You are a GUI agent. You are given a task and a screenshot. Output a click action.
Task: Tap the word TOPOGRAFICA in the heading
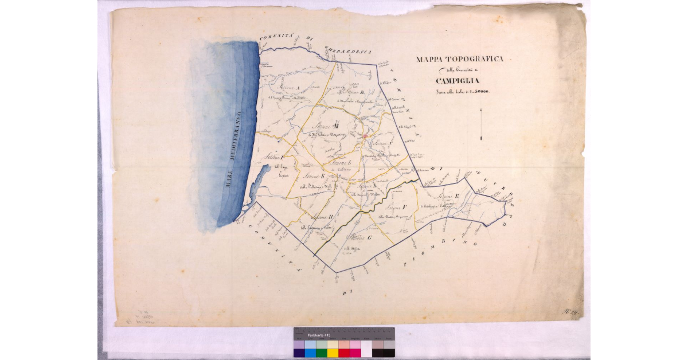(474, 59)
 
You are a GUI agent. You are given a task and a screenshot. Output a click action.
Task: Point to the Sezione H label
(318, 217)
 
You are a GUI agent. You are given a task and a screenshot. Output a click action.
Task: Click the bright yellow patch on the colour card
(333, 353)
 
